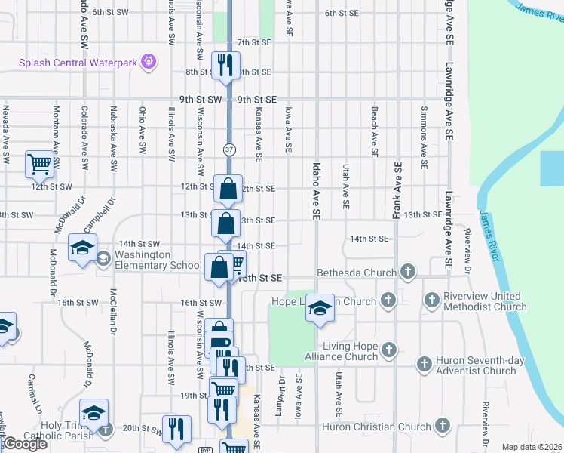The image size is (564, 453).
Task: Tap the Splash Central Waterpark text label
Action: [78, 63]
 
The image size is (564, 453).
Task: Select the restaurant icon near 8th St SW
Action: [224, 66]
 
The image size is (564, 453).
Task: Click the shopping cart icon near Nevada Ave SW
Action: [39, 162]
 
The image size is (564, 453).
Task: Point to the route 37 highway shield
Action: [229, 150]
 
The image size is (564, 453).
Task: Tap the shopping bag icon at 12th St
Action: [228, 188]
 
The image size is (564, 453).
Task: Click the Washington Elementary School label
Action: [158, 260]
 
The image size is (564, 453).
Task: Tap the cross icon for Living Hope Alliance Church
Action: [388, 349]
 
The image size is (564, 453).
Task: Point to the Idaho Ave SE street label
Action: [316, 189]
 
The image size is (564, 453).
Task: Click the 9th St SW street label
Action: [201, 100]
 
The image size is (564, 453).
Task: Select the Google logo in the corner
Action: [24, 444]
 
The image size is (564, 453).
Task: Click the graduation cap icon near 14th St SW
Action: [82, 248]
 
